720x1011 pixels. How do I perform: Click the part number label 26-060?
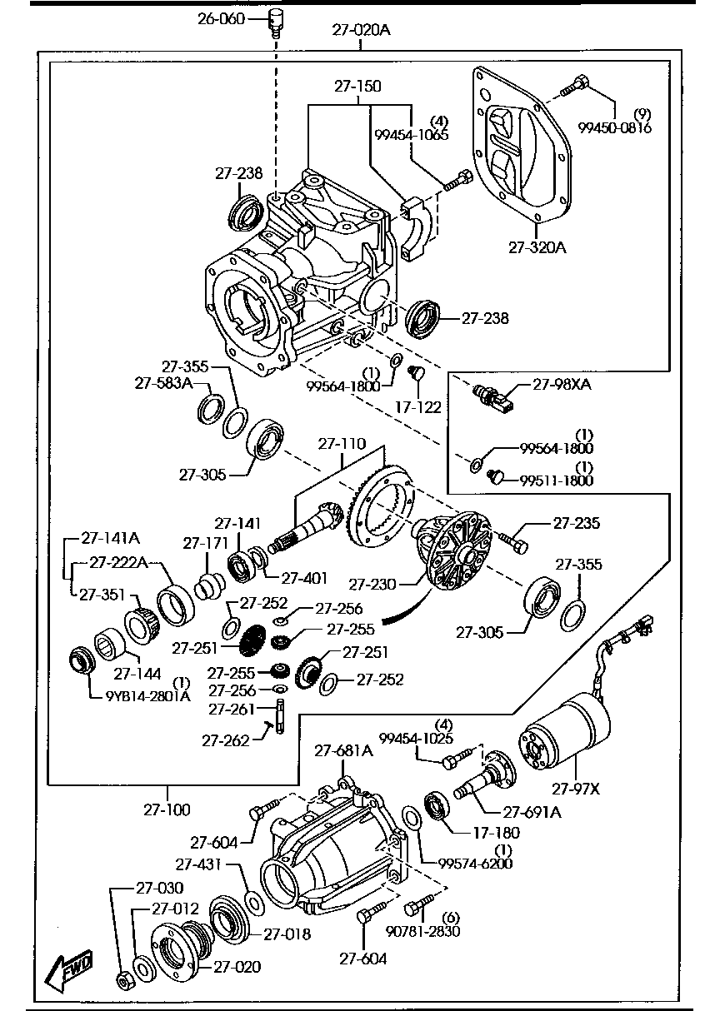(221, 17)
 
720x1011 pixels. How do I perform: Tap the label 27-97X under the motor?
(576, 787)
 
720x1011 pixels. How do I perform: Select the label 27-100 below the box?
(167, 809)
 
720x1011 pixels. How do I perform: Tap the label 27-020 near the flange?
(237, 966)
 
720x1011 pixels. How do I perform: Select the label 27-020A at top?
(361, 31)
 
